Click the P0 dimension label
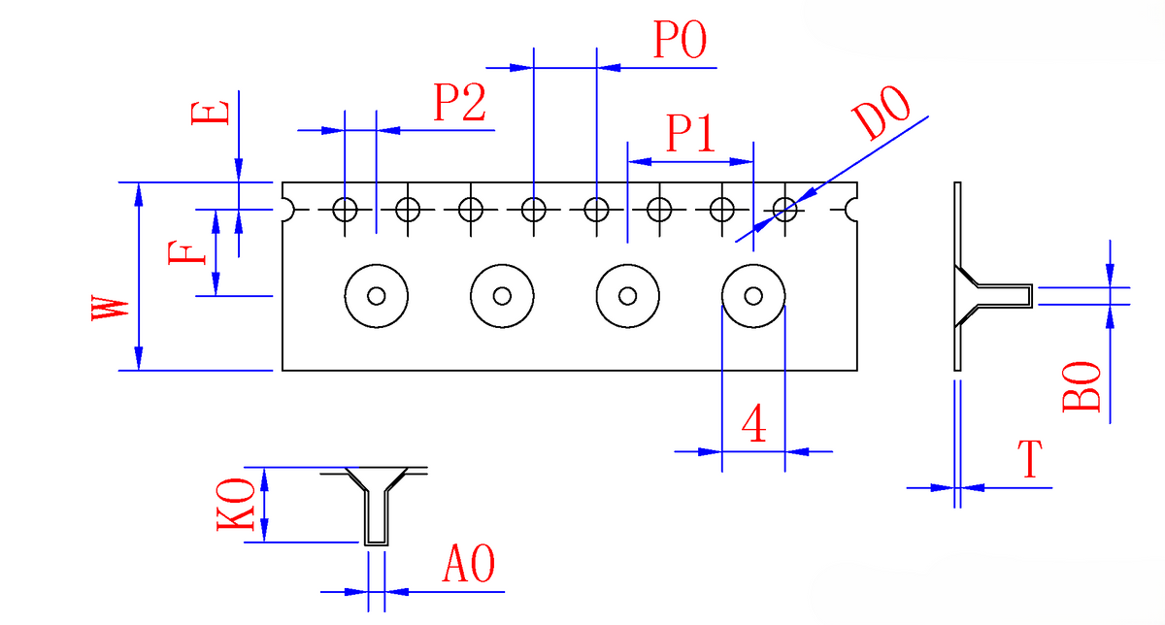pyautogui.click(x=680, y=42)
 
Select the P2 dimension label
pyautogui.click(x=459, y=102)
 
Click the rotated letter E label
pyautogui.click(x=212, y=111)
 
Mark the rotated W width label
pyautogui.click(x=110, y=311)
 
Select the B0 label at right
pyautogui.click(x=1082, y=387)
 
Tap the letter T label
pyautogui.click(x=1031, y=460)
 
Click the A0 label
pyautogui.click(x=469, y=564)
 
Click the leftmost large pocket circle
pyautogui.click(x=377, y=295)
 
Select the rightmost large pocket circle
pyautogui.click(x=752, y=295)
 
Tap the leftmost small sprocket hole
pyautogui.click(x=346, y=209)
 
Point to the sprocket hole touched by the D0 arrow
pyautogui.click(x=784, y=209)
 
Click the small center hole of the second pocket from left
pyautogui.click(x=502, y=295)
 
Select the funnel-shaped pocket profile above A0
pyautogui.click(x=376, y=505)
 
